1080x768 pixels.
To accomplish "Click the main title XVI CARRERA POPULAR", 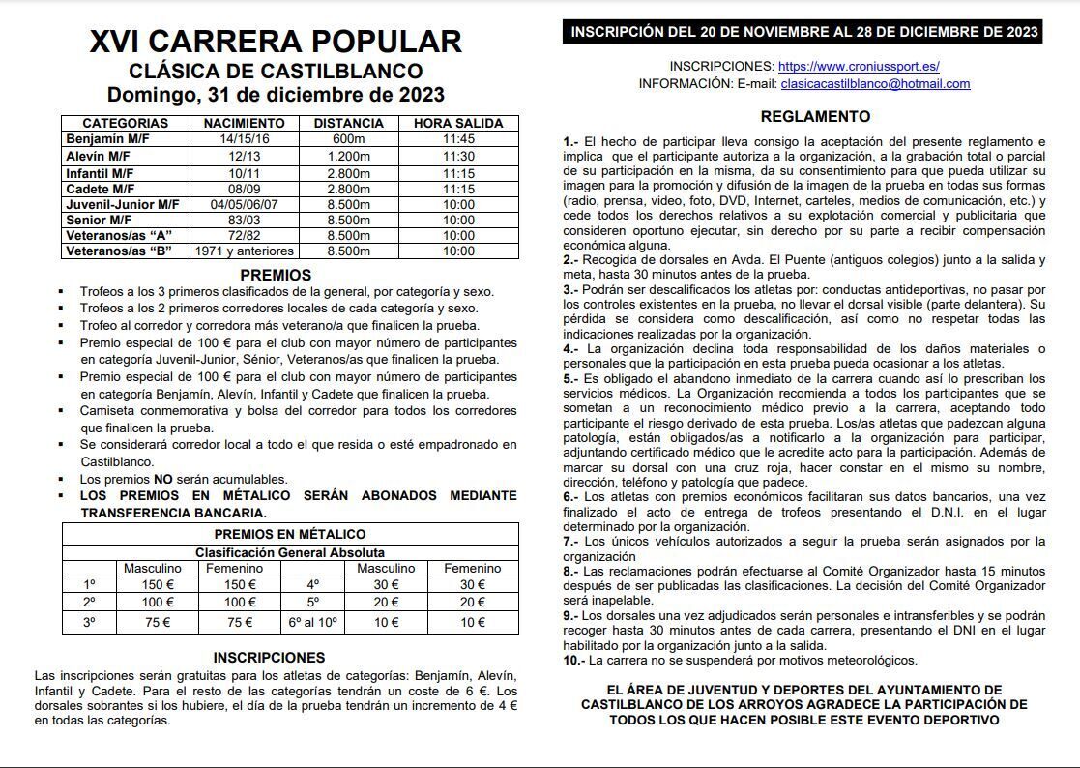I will pyautogui.click(x=276, y=42).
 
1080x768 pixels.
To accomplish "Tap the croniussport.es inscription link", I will pyautogui.click(x=859, y=67).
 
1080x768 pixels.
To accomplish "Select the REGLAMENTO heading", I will pyautogui.click(x=815, y=117).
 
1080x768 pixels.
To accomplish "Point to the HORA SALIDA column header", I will pyautogui.click(x=458, y=123).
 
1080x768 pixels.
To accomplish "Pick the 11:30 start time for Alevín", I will pyautogui.click(x=458, y=156).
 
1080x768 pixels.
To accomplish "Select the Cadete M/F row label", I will pyautogui.click(x=101, y=189).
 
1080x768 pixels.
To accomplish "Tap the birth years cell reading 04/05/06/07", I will pyautogui.click(x=244, y=205).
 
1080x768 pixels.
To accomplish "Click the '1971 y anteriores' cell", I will pyautogui.click(x=244, y=251).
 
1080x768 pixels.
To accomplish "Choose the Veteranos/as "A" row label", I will pyautogui.click(x=119, y=236).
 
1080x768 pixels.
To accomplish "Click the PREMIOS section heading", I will pyautogui.click(x=276, y=275).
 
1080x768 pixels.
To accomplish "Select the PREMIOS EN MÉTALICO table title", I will pyautogui.click(x=289, y=534).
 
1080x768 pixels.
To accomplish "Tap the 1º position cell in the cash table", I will pyautogui.click(x=90, y=584).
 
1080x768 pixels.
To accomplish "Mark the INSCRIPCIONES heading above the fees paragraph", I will pyautogui.click(x=276, y=658).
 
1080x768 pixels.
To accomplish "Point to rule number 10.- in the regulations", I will pyautogui.click(x=574, y=661).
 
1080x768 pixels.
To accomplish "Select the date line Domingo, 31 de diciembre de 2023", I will pyautogui.click(x=276, y=95).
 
